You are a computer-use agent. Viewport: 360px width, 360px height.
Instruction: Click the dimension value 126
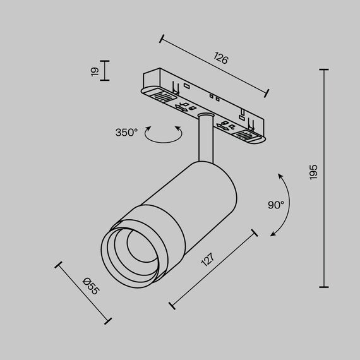click(220, 60)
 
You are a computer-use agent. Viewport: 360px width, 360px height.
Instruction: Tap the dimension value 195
click(314, 172)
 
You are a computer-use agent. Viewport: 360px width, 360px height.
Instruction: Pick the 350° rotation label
click(126, 133)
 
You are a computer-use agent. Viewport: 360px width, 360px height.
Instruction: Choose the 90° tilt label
click(276, 205)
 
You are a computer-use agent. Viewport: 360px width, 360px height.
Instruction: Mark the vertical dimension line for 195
click(325, 178)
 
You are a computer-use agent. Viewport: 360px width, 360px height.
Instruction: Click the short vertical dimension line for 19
click(105, 71)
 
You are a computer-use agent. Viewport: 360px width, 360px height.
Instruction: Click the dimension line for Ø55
click(84, 291)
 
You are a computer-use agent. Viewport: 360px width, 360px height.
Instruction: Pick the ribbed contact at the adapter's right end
click(244, 135)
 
